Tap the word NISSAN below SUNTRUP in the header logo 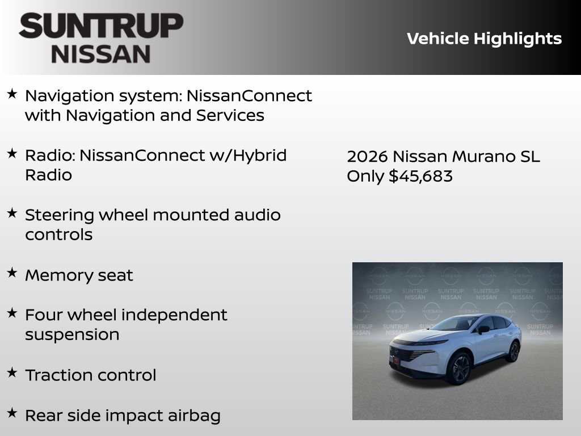tap(101, 54)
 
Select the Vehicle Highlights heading tap(484, 39)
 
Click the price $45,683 tap(420, 176)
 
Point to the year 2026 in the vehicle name tap(367, 157)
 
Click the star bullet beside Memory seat tap(12, 273)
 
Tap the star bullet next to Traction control tap(12, 373)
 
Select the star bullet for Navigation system tap(12, 94)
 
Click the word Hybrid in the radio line tap(258, 155)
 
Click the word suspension tap(72, 334)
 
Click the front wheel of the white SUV tap(460, 369)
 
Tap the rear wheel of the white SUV tap(513, 352)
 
